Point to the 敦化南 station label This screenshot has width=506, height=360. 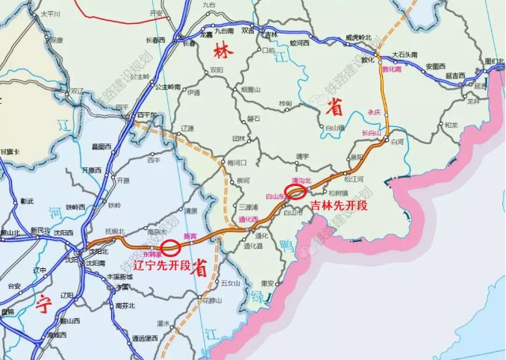[392, 69]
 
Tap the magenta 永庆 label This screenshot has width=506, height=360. [374, 112]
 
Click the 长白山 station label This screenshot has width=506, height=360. [371, 133]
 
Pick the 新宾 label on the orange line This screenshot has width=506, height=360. [190, 236]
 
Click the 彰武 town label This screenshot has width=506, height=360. [28, 202]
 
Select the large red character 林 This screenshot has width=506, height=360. [221, 52]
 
